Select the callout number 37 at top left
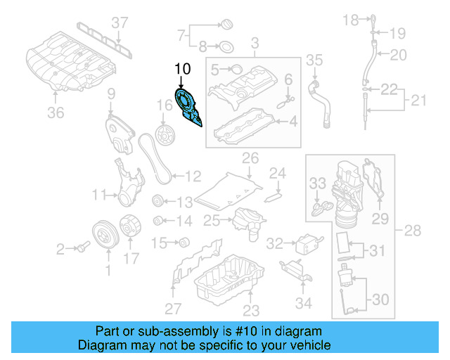120,22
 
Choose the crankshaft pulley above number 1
104,236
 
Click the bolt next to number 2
82,247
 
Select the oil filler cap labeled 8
227,49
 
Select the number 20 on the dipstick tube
398,54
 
